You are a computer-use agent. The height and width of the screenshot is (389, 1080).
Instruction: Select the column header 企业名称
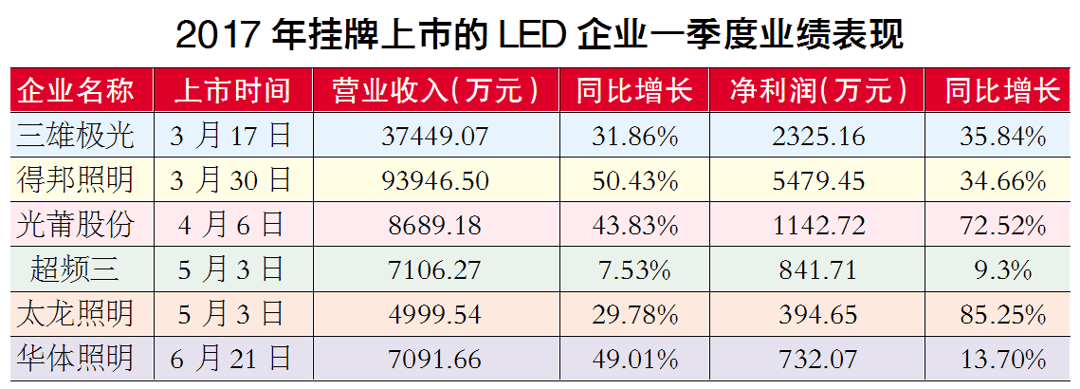76,91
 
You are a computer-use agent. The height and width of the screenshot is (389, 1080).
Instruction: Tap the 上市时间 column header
230,91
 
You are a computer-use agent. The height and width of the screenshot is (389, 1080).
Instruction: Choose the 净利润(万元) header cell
818,91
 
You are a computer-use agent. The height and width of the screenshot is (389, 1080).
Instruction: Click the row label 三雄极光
76,136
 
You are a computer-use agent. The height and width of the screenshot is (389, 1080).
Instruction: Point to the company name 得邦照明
76,180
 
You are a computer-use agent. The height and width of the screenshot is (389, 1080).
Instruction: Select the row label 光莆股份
76,225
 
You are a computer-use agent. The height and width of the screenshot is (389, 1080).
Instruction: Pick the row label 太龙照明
76,314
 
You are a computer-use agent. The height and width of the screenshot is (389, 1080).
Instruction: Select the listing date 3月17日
230,136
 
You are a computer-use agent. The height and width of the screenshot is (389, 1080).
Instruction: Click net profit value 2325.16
818,136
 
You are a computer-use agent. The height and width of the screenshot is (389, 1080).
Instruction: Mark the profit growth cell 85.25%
1001,314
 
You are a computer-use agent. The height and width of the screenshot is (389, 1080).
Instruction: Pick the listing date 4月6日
230,225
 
